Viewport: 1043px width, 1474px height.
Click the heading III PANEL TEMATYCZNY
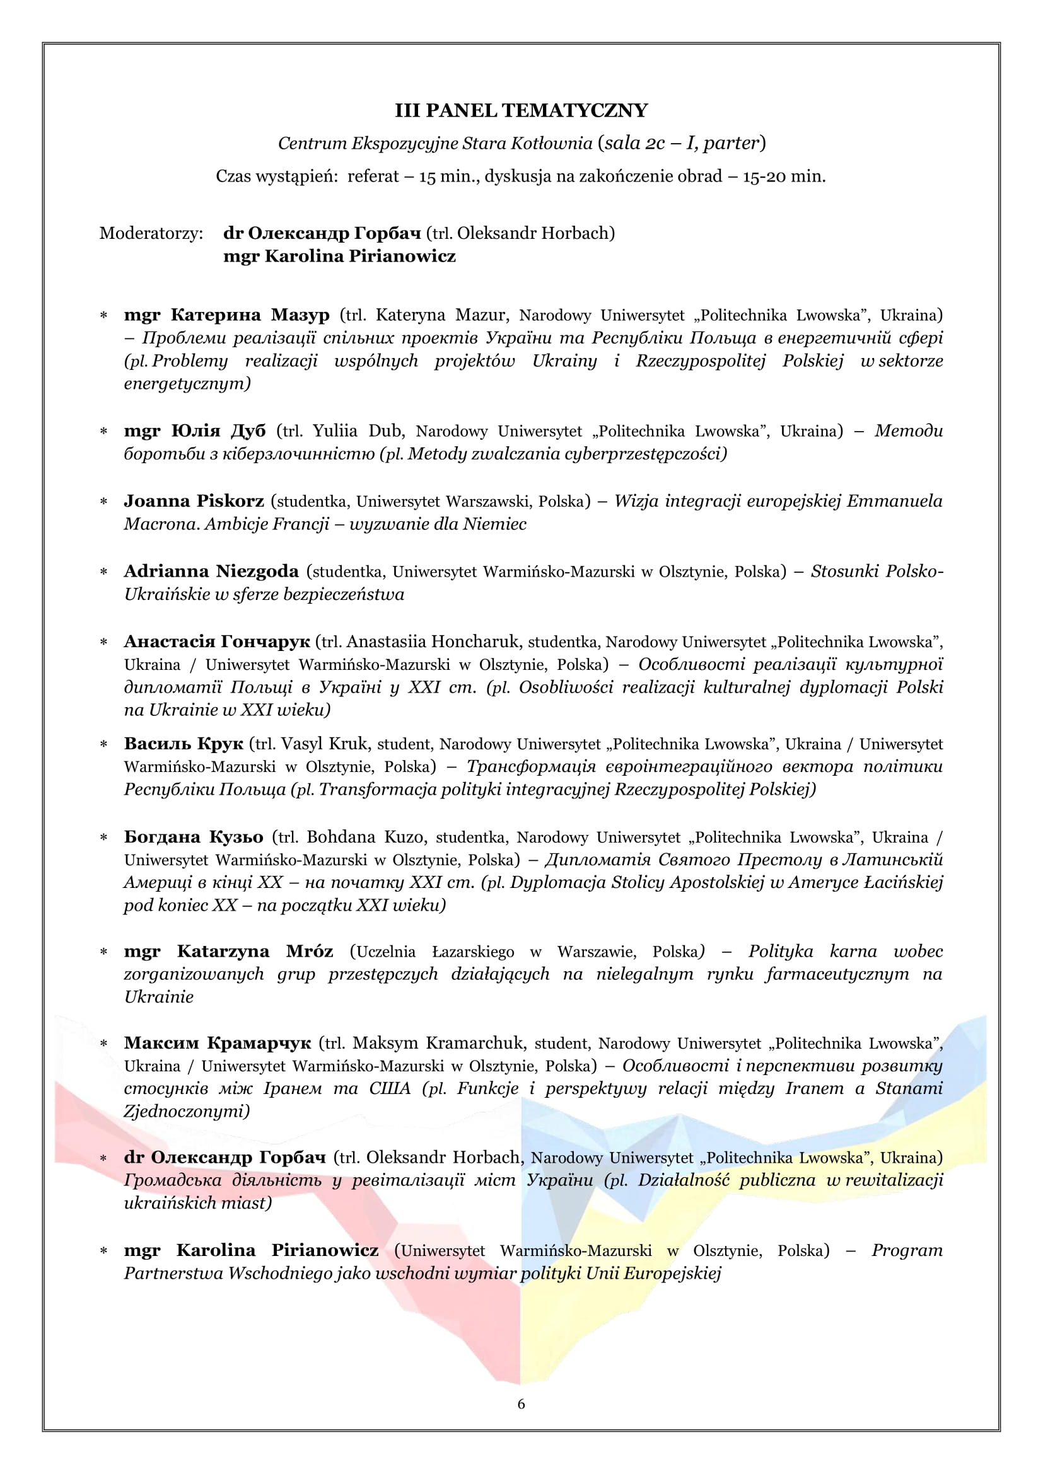[x=521, y=111]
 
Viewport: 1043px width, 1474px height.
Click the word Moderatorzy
[x=151, y=233]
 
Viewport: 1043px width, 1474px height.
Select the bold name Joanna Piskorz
[x=194, y=501]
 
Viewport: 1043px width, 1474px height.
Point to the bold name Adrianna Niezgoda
[x=211, y=572]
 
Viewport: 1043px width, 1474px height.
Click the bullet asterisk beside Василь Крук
[x=103, y=745]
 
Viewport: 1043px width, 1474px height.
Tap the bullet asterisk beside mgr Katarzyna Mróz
[x=103, y=952]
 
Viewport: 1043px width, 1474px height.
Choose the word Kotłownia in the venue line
[x=551, y=143]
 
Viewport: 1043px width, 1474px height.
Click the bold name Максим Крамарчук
[x=217, y=1043]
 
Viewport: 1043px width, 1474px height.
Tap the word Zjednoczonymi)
[x=187, y=1111]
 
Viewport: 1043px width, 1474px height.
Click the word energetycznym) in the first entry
[x=187, y=384]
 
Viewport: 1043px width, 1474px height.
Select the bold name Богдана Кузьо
[x=194, y=837]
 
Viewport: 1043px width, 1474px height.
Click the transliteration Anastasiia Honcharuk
[x=433, y=642]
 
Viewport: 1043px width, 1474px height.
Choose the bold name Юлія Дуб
[x=218, y=431]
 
